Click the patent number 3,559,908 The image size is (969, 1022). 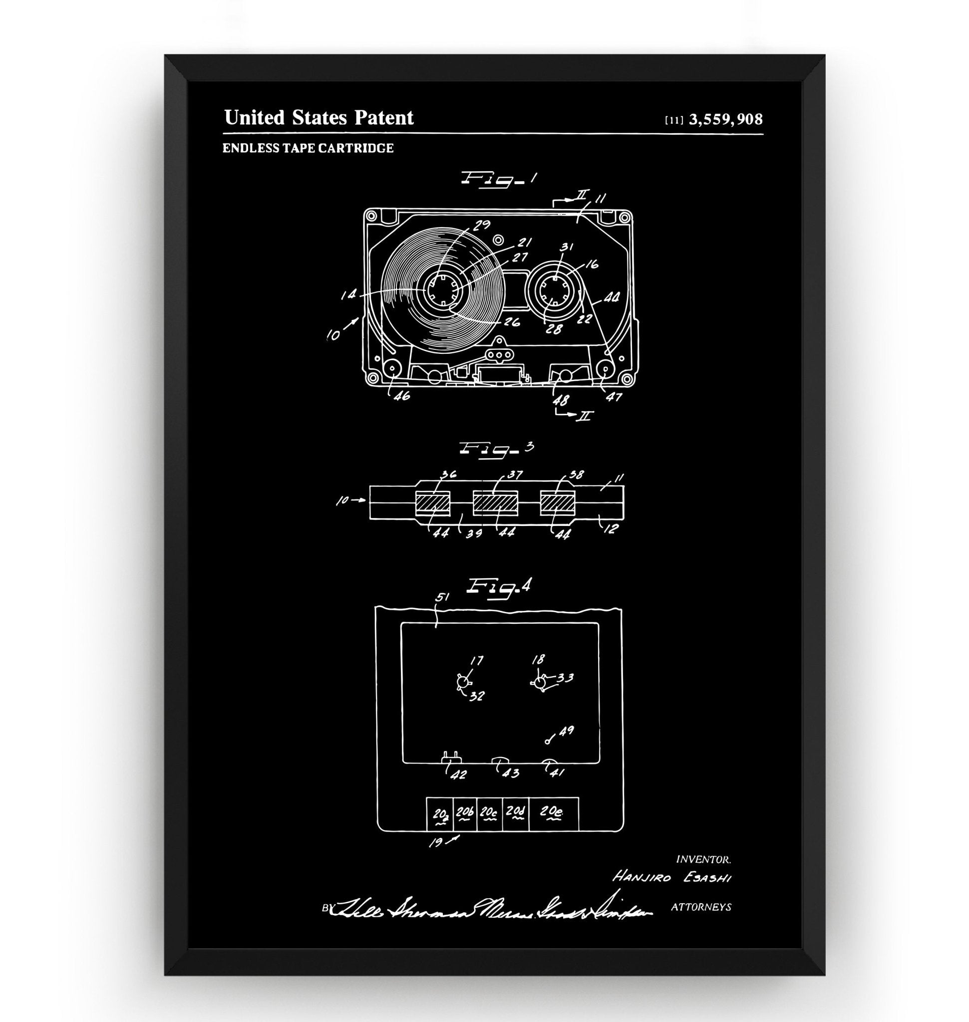[725, 120]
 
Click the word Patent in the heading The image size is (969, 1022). [383, 118]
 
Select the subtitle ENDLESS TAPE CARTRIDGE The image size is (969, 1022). [308, 148]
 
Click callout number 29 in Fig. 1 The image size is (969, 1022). [481, 225]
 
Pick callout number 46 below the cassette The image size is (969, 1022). [401, 396]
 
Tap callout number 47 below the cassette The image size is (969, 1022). [614, 397]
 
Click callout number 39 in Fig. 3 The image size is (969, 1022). [473, 532]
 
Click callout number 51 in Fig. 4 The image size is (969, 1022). [442, 597]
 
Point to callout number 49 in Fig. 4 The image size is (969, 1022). [567, 731]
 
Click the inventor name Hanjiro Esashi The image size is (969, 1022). [672, 877]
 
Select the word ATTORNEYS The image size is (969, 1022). [700, 907]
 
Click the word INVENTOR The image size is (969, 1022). [703, 860]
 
